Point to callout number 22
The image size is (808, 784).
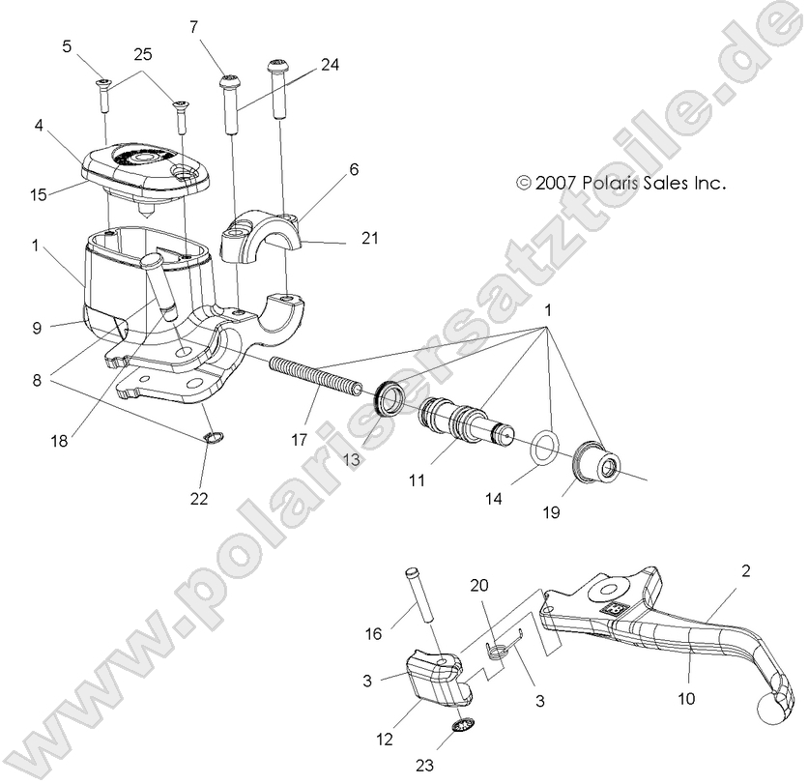[200, 499]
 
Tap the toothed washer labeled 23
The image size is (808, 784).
[463, 729]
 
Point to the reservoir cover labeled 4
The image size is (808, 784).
[143, 166]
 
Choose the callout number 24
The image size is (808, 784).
[331, 66]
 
